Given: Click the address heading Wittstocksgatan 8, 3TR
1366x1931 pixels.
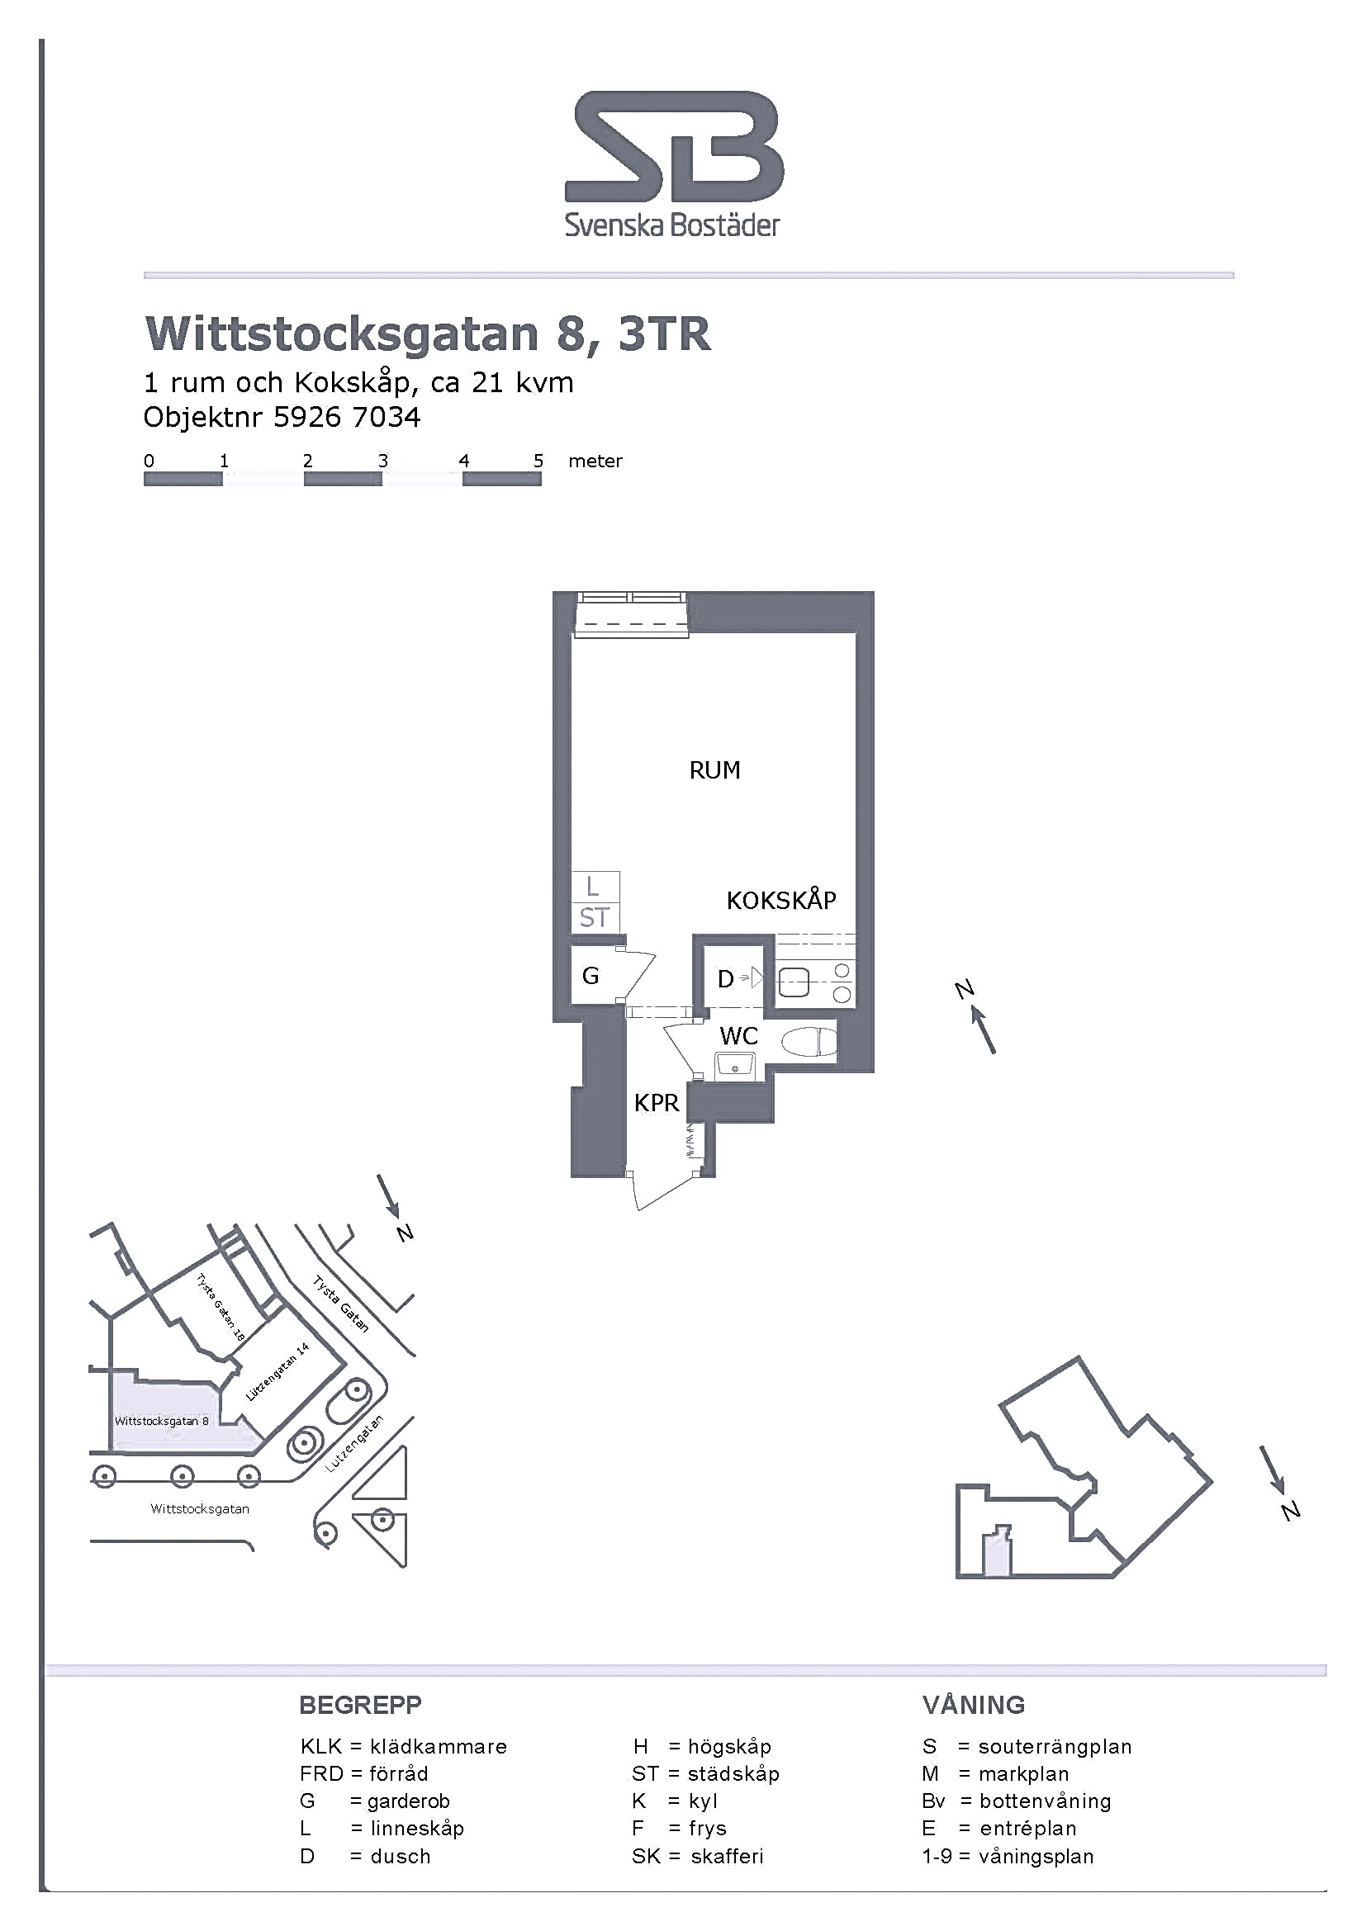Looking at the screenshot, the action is [428, 334].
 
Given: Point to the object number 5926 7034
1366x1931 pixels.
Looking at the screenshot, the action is [347, 417].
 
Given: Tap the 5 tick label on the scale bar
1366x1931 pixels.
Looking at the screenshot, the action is [538, 461].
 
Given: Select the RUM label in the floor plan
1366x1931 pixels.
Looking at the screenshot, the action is [715, 770].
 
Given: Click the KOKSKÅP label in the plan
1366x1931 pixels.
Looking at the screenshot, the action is [781, 900].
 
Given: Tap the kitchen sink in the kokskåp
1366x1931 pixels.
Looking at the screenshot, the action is [794, 982].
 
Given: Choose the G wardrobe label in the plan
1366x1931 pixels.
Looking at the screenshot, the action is [591, 976].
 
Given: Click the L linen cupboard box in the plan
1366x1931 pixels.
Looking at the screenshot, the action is [595, 887].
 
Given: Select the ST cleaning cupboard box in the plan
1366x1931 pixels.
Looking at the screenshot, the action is [595, 917].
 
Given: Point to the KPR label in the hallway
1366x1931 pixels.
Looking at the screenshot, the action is [656, 1103].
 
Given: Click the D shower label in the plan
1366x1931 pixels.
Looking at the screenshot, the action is [725, 979].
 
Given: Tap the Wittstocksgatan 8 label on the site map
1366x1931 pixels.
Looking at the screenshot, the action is [162, 1421].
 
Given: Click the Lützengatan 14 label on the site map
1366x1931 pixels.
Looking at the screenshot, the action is [277, 1371].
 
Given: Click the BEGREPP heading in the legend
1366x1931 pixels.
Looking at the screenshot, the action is [360, 1705].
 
